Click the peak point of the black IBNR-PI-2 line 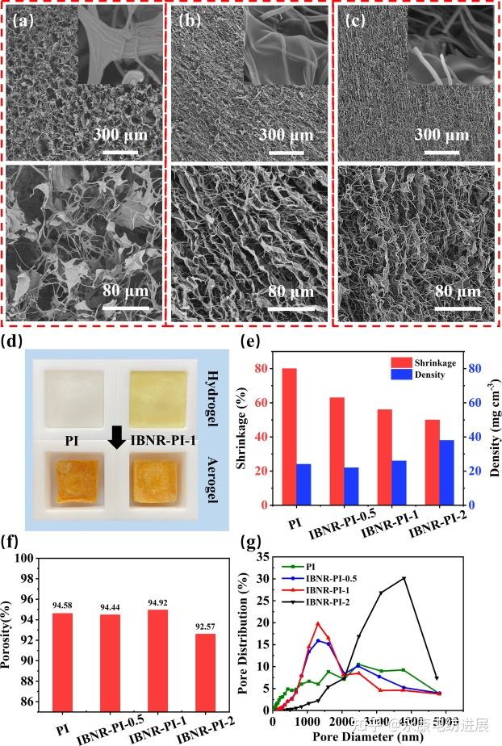coord(404,578)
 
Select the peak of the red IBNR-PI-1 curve coord(318,623)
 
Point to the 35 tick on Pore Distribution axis coord(260,557)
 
